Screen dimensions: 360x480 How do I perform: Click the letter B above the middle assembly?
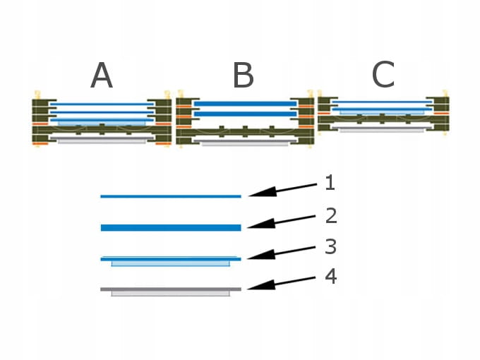243,76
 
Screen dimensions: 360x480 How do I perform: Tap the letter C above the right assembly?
383,74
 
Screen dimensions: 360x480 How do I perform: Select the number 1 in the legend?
330,184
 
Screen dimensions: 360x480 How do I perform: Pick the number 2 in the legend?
330,215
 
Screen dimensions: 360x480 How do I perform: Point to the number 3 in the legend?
330,247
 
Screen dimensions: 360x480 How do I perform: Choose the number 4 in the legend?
330,276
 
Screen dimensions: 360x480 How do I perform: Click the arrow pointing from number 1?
282,190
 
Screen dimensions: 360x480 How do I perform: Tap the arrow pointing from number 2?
282,220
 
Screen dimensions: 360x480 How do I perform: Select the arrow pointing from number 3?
282,253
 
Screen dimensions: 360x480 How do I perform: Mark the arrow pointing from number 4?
282,283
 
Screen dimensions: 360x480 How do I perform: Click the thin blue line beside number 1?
171,196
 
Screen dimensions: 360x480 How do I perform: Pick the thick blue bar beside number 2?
171,227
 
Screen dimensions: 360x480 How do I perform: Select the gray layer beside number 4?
171,289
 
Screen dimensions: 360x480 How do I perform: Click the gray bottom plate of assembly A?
102,141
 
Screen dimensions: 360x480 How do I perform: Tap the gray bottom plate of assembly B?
244,143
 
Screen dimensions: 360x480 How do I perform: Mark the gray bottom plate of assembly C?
381,130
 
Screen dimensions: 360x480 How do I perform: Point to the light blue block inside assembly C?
381,112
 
